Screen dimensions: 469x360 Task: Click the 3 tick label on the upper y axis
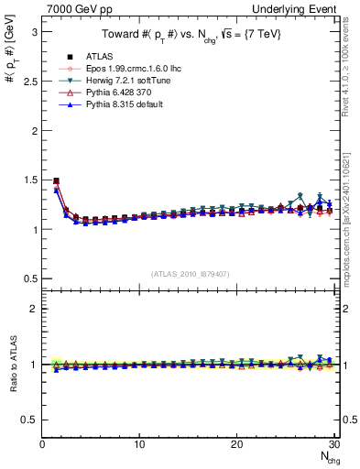[34, 31]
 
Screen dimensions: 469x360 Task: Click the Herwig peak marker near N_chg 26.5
[300, 195]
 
